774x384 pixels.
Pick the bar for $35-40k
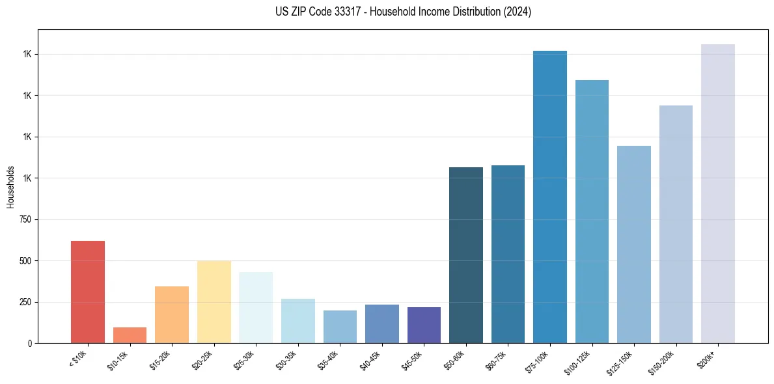tap(340, 327)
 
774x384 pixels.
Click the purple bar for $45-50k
tap(424, 325)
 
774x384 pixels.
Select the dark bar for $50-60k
tap(466, 255)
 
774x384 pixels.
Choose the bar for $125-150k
tap(634, 244)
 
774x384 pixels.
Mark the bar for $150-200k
tap(676, 224)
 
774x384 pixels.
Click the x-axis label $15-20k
tap(160, 359)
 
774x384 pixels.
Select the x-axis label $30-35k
tap(286, 359)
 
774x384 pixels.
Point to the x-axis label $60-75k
tap(496, 359)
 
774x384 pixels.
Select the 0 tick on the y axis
tap(29, 343)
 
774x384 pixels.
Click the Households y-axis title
tap(10, 186)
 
